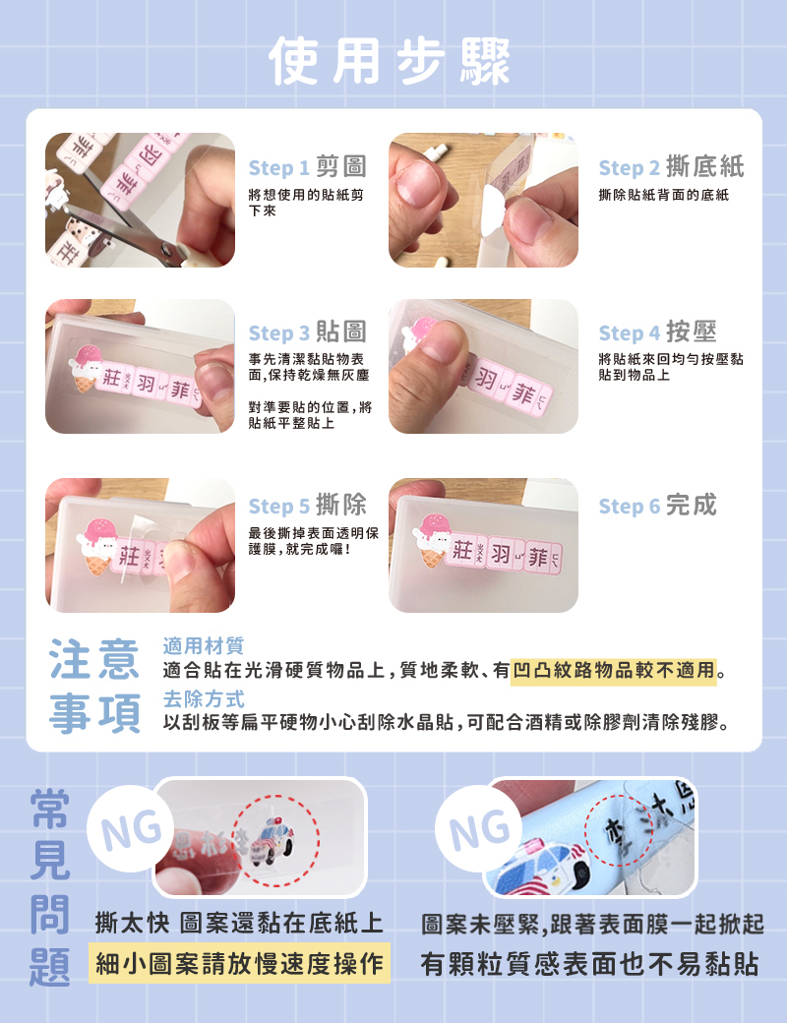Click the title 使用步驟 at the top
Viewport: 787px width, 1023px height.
click(389, 61)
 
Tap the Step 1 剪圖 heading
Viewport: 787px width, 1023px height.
click(307, 167)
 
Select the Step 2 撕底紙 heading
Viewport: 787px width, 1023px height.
click(672, 167)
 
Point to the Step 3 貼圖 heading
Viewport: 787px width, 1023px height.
click(307, 332)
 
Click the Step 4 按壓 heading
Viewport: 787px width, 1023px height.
click(658, 332)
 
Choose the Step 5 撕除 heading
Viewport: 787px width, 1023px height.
click(307, 505)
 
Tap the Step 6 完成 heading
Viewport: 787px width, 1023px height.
click(658, 505)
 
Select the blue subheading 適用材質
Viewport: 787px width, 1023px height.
click(203, 646)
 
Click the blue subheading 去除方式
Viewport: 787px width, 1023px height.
click(203, 698)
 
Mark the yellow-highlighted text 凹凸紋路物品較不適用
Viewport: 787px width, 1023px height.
click(614, 670)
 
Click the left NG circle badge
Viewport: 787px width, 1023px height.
click(131, 828)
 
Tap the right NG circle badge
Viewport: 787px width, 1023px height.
click(479, 828)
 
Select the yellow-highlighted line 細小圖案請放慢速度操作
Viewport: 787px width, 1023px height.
click(239, 963)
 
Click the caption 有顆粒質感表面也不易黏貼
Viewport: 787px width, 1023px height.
click(589, 964)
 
